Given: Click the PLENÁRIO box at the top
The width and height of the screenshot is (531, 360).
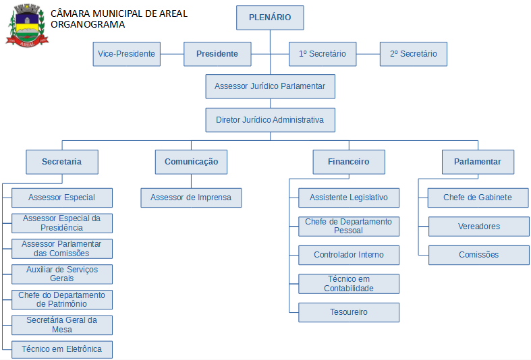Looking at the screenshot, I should click(x=270, y=18).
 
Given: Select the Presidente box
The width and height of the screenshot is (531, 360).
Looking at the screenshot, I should click(x=217, y=54).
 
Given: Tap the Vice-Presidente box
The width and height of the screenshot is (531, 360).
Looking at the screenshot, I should click(x=127, y=54).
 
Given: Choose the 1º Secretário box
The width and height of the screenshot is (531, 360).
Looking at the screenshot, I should click(x=323, y=54).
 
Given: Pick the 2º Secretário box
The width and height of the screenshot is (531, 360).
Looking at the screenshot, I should click(x=413, y=54).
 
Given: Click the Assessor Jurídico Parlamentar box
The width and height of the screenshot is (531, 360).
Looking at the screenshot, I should click(x=270, y=86).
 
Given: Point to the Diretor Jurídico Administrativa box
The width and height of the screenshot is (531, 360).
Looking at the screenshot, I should click(x=270, y=120).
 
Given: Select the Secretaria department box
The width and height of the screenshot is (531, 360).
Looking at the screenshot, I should click(x=62, y=162).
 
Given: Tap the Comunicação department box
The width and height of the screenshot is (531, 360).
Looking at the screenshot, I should click(x=191, y=162).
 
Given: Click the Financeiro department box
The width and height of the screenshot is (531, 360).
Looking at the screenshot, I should click(x=349, y=162).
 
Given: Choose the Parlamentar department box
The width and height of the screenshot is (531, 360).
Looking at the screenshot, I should click(x=478, y=162).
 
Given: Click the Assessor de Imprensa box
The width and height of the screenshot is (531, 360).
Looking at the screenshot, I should click(x=191, y=198).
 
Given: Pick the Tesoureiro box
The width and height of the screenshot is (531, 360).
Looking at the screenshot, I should click(x=349, y=312).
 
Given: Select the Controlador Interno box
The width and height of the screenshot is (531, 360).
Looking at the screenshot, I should click(x=349, y=255).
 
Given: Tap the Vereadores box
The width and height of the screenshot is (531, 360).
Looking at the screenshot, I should click(x=479, y=227).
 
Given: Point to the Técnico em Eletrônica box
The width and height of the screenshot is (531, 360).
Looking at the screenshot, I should click(x=62, y=349).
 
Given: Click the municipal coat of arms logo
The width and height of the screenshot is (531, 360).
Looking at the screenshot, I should click(x=25, y=25).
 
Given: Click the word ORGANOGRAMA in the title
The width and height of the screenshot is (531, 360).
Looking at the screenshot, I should click(x=88, y=24).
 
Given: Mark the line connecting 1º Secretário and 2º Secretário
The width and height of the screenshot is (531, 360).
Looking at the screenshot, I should click(x=368, y=54).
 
